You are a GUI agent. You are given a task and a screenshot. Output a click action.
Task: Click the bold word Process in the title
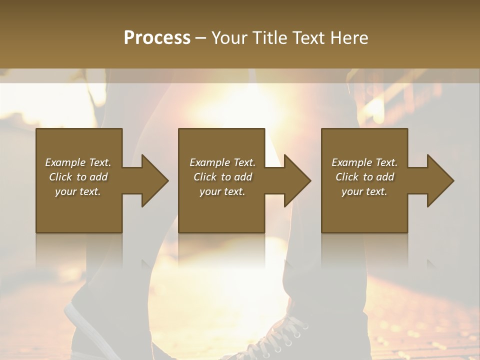click(157, 38)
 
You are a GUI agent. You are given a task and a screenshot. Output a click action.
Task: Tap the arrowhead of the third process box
click(439, 180)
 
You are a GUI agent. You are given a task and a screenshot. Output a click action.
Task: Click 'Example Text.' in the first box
click(78, 162)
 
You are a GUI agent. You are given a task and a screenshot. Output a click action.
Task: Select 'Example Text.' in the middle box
click(222, 162)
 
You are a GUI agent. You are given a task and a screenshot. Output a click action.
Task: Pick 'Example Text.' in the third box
click(364, 162)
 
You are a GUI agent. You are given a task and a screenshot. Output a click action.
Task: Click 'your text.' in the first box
click(78, 191)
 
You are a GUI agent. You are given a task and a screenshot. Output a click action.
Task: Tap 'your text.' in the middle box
click(222, 191)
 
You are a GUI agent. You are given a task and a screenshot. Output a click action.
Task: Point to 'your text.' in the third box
click(364, 191)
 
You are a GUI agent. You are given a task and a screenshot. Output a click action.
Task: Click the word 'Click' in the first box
click(60, 177)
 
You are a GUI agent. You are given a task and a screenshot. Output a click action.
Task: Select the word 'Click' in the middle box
click(205, 177)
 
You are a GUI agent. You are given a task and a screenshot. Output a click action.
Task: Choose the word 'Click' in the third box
click(347, 177)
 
